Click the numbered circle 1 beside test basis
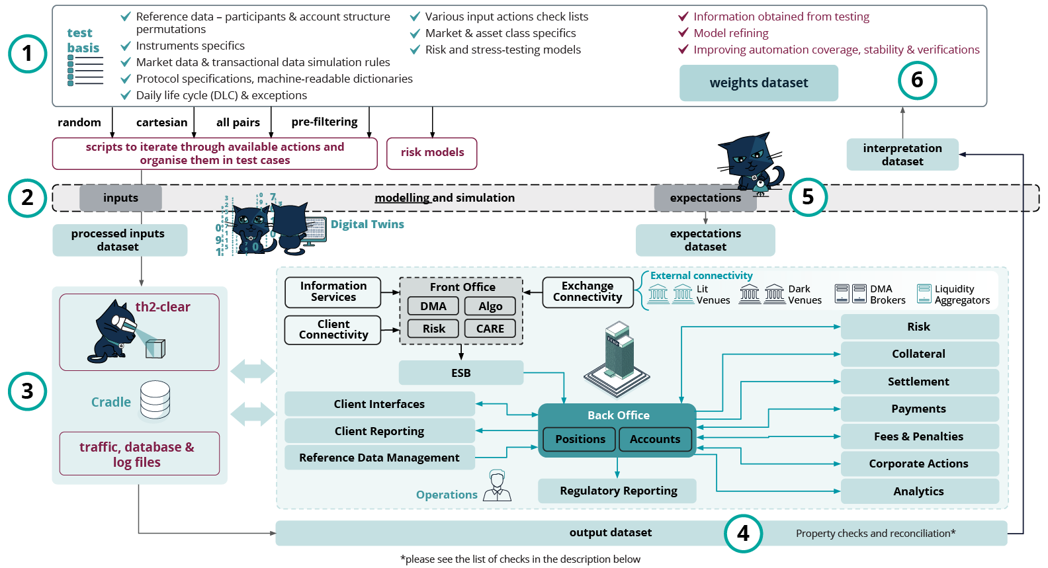(27, 54)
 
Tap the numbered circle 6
(917, 80)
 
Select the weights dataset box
(758, 83)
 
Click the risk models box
(432, 153)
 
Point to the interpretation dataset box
(902, 155)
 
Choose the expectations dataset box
(705, 240)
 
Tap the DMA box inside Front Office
(433, 306)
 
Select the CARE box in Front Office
(490, 329)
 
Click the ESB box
(461, 373)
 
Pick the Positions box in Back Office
(580, 439)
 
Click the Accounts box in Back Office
(655, 439)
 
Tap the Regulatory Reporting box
(617, 491)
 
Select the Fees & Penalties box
(919, 436)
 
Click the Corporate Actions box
(919, 464)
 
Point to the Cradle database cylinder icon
(155, 400)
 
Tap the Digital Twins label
(367, 224)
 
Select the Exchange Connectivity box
(588, 292)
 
